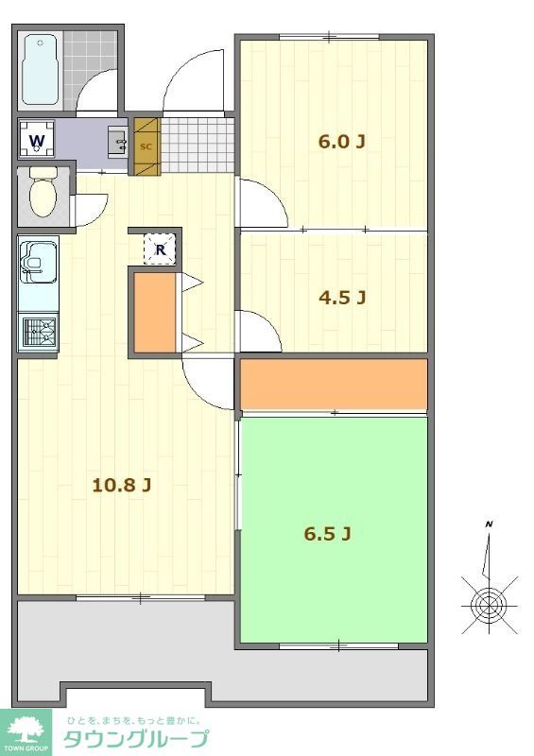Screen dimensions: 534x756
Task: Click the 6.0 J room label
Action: tap(341, 142)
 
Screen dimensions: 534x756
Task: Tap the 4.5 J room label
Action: tap(342, 298)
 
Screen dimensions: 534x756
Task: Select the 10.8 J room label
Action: tap(122, 485)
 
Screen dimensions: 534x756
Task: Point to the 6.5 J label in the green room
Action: tap(327, 534)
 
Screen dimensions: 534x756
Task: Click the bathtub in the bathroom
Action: tap(41, 69)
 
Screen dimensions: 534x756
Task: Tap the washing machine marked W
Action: tap(37, 139)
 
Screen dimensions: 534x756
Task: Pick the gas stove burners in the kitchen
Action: tap(39, 332)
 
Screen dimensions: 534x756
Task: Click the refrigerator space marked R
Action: tap(160, 249)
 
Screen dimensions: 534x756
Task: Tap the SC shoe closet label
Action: tap(146, 146)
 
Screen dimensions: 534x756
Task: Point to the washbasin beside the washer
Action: tap(118, 143)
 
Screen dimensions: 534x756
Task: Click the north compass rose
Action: tap(490, 604)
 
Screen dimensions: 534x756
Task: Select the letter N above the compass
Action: tap(490, 524)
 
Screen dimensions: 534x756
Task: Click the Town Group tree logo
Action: tap(26, 731)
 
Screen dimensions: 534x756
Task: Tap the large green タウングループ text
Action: tap(136, 739)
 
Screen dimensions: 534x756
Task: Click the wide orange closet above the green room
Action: tap(334, 385)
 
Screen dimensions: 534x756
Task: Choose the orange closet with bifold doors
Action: tap(154, 313)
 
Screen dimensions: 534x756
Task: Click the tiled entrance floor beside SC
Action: tap(198, 146)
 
